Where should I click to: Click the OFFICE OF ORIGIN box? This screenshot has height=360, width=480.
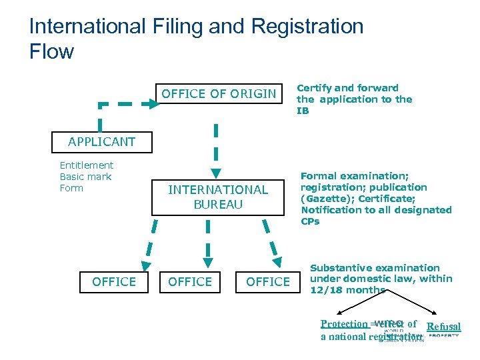[218, 94]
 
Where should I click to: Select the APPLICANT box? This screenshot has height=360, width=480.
[101, 141]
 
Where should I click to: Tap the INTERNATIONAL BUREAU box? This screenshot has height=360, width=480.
[218, 197]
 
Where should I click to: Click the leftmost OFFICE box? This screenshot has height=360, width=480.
[114, 282]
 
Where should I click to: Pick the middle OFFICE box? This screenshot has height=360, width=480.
[190, 282]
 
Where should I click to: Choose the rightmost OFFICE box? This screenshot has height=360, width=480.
[268, 282]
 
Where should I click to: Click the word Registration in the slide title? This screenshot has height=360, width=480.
[307, 27]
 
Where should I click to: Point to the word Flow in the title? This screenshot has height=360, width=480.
[51, 51]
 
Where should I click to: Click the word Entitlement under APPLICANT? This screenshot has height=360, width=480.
[87, 165]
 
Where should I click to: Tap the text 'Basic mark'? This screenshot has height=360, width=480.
[86, 177]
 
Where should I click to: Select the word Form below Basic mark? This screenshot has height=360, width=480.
[71, 188]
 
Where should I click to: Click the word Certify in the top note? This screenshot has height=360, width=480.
[315, 88]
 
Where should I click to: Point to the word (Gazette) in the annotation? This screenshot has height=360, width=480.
[324, 199]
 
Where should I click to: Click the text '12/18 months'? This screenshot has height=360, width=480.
[348, 290]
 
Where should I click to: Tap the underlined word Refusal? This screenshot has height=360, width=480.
[443, 327]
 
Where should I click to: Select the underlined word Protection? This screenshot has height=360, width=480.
[344, 324]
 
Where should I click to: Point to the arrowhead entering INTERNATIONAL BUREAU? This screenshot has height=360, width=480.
[215, 173]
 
